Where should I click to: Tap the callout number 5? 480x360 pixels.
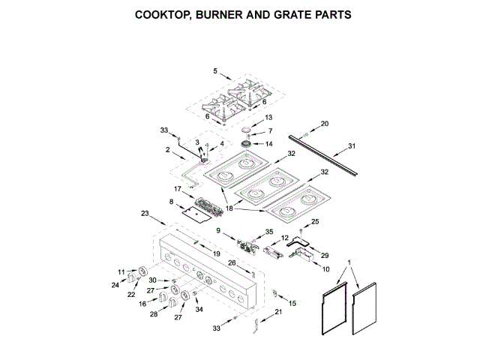click(215, 71)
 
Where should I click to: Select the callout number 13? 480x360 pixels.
click(269, 118)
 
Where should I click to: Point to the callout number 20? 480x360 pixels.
click(324, 123)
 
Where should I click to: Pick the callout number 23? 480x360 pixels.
click(145, 213)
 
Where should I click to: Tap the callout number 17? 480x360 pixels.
click(178, 188)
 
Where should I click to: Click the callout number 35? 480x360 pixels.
click(269, 232)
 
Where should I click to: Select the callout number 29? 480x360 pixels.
click(324, 256)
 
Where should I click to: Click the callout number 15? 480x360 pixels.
click(292, 302)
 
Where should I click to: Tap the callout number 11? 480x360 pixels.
click(121, 271)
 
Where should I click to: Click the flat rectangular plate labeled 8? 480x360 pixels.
click(198, 214)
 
